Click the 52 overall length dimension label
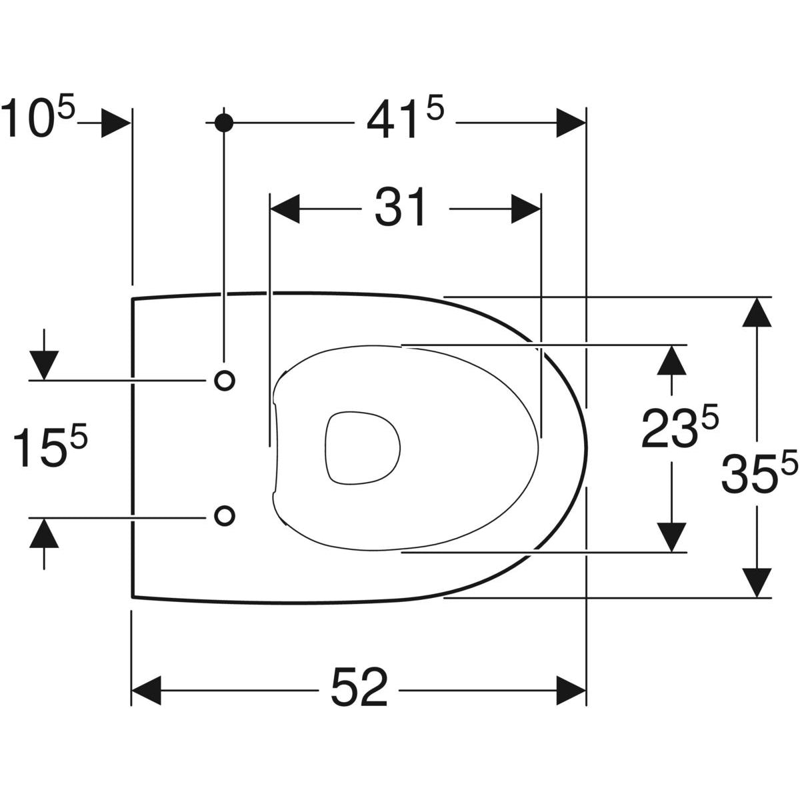[359, 687]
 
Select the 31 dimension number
[400, 208]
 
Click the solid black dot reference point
[224, 122]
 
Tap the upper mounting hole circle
[225, 380]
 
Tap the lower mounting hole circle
[225, 515]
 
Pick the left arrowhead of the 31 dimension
[285, 209]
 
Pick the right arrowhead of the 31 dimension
[525, 209]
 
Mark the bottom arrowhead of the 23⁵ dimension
[671, 537]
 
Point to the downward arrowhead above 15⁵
[44, 365]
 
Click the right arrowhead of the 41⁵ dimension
[571, 123]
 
